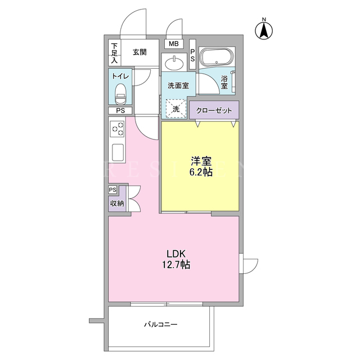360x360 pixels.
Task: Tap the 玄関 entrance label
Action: [x=139, y=52]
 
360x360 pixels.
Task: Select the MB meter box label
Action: [x=174, y=44]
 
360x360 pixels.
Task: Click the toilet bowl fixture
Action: [x=121, y=94]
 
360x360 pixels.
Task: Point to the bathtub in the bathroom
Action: [x=217, y=57]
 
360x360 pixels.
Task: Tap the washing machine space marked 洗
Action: [x=176, y=109]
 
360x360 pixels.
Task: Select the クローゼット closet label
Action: [x=214, y=111]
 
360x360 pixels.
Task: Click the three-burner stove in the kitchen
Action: [x=117, y=129]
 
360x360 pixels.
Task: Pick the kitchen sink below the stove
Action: [x=118, y=152]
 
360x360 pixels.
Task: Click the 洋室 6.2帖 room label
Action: [x=201, y=166]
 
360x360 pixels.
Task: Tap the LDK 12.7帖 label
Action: [x=176, y=259]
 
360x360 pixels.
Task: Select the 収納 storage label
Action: [x=117, y=203]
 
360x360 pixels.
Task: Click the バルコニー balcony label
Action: [x=161, y=325]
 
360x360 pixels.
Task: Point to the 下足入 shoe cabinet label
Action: [x=115, y=53]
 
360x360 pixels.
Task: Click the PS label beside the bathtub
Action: [x=192, y=55]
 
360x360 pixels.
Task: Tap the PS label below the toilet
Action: [x=120, y=111]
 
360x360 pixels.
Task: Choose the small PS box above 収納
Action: [x=112, y=190]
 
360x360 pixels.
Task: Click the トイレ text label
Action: [x=120, y=76]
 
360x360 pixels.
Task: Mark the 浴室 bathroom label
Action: [x=224, y=83]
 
